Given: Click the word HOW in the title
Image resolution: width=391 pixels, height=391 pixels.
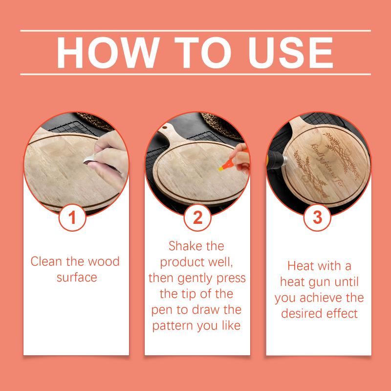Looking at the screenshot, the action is tap(108, 52).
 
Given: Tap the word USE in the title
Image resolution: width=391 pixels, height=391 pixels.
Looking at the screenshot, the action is tap(290, 52).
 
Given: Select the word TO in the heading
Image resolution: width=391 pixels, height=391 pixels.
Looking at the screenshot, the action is tap(202, 52).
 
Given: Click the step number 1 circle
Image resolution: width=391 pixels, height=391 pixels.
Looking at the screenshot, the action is tap(72, 217).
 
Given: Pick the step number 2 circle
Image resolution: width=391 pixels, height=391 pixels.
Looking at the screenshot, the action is tap(197, 217).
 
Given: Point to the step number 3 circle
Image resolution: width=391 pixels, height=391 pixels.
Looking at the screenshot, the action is tap(317, 217).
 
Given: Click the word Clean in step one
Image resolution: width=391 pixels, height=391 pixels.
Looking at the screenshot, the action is tap(47, 261).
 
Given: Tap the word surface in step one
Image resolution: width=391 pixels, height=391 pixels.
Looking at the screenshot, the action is tap(77, 278).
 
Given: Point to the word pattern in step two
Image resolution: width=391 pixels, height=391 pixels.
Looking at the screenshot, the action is tap(173, 326).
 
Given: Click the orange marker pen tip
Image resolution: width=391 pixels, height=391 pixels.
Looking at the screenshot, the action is tap(221, 169).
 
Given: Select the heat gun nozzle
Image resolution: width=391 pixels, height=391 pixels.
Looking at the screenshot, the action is tap(284, 160).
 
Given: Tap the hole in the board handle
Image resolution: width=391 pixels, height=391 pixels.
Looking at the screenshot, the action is tap(165, 128).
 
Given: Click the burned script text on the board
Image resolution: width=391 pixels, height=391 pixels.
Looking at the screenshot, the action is tap(326, 165).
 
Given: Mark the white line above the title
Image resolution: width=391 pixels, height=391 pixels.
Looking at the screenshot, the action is tap(195, 31).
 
